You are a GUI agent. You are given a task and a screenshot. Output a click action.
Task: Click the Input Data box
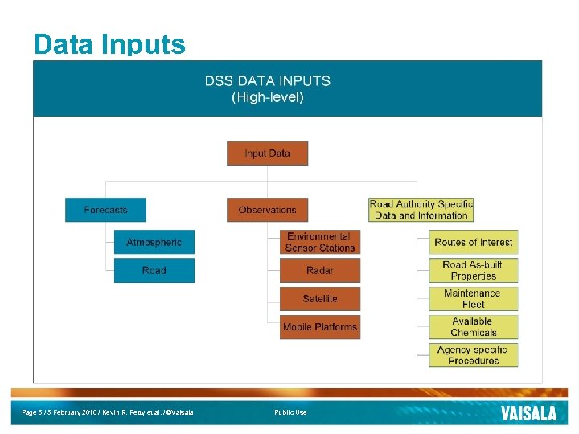pyautogui.click(x=267, y=154)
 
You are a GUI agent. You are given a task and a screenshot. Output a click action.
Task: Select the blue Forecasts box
pyautogui.click(x=106, y=210)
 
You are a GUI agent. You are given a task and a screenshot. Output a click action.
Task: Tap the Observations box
pyautogui.click(x=267, y=210)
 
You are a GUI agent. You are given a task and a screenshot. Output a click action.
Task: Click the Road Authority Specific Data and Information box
pyautogui.click(x=421, y=210)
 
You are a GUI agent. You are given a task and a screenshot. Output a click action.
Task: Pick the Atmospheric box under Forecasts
pyautogui.click(x=154, y=242)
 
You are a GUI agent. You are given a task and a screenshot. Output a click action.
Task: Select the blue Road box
pyautogui.click(x=154, y=270)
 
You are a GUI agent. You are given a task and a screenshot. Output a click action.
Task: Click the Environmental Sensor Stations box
pyautogui.click(x=319, y=242)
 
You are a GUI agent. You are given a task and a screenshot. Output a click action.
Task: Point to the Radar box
pyautogui.click(x=319, y=270)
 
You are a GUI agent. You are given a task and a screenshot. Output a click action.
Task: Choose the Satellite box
pyautogui.click(x=319, y=298)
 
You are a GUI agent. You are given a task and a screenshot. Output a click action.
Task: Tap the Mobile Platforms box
pyautogui.click(x=319, y=327)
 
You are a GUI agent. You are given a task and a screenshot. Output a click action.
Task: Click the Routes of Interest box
pyautogui.click(x=473, y=242)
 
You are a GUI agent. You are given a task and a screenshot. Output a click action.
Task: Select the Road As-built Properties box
pyautogui.click(x=473, y=270)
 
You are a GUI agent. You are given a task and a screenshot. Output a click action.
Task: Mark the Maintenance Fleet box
pyautogui.click(x=473, y=298)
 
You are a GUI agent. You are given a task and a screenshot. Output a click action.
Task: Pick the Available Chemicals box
pyautogui.click(x=473, y=326)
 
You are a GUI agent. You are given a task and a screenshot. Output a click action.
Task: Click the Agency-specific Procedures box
pyautogui.click(x=473, y=354)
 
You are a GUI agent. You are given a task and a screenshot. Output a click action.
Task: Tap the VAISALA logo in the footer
pyautogui.click(x=528, y=413)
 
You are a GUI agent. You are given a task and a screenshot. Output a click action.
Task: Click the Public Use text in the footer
pyautogui.click(x=290, y=412)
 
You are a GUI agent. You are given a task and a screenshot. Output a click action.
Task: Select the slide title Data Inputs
pyautogui.click(x=109, y=43)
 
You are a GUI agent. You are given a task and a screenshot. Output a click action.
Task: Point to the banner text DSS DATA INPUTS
pyautogui.click(x=267, y=81)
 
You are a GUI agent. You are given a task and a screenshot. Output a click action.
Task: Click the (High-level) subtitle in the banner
pyautogui.click(x=267, y=97)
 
